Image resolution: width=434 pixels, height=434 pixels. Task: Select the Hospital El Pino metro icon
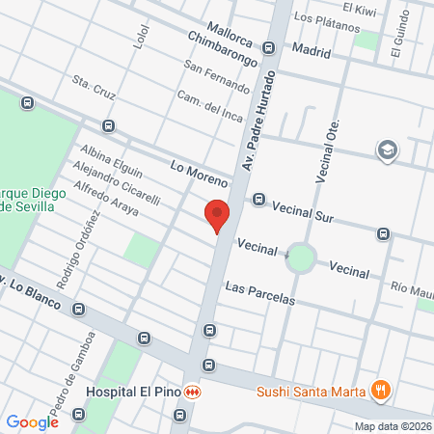194,393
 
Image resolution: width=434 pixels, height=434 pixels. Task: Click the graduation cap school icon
387,149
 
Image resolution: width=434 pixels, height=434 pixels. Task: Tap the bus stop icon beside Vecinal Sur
258,200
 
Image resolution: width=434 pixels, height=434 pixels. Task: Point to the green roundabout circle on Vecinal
301,258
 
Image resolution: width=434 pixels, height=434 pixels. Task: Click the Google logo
32,421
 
